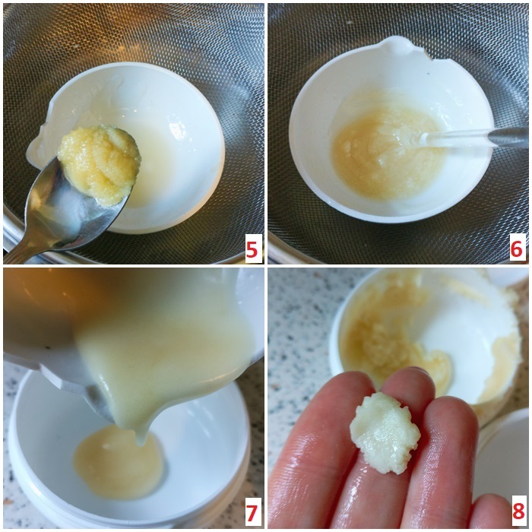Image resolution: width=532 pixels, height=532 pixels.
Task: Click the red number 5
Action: pos(252,250)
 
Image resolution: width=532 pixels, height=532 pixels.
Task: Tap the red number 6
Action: pos(516,250)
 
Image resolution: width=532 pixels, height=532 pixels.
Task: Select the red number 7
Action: pos(251,514)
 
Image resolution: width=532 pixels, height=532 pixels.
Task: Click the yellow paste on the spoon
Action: pos(99,160)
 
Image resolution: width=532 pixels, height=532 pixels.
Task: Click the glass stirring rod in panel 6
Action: pos(454,138)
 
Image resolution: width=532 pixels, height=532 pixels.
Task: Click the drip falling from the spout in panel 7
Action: pos(140,438)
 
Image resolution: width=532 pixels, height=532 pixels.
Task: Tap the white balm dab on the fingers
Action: pos(385,432)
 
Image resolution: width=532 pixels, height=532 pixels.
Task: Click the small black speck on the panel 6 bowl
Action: pos(429,72)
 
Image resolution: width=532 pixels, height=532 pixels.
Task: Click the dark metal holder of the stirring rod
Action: pos(509,138)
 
